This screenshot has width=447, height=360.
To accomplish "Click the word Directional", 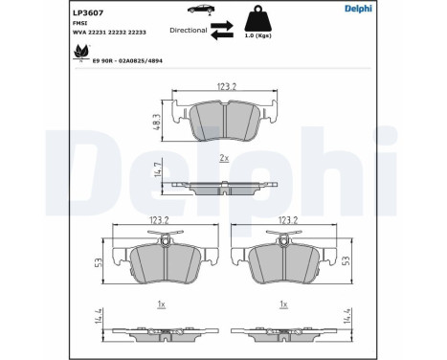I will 188,30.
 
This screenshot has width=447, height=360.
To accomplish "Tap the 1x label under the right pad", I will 283,304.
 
